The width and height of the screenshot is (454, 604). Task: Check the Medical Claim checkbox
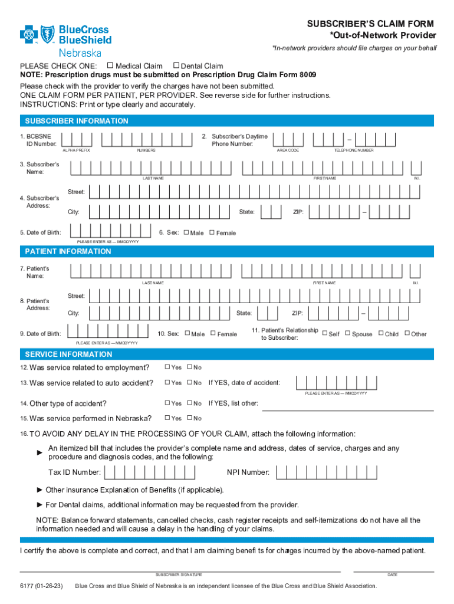(x=110, y=65)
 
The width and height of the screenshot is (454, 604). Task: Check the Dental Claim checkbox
(x=175, y=65)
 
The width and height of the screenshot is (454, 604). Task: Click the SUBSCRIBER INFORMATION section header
(x=76, y=121)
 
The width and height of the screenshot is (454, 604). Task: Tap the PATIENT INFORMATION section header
(x=68, y=251)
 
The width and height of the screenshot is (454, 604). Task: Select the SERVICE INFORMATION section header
(x=68, y=354)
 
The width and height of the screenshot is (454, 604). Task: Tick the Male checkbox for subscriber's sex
(x=187, y=232)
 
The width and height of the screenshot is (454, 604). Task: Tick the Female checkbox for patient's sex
(x=213, y=333)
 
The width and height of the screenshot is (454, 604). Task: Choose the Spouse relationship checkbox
(x=347, y=333)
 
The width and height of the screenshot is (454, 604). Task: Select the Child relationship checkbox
(x=381, y=333)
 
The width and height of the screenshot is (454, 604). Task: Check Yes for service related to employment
(x=167, y=367)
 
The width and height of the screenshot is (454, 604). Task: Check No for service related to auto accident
(x=190, y=382)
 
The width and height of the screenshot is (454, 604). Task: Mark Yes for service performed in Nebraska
(x=167, y=418)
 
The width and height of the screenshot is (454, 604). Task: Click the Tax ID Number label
(x=74, y=472)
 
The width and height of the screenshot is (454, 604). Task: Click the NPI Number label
(x=248, y=472)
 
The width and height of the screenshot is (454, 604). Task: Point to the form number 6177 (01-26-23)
(x=41, y=586)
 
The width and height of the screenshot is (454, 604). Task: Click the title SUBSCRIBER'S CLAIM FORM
(x=370, y=24)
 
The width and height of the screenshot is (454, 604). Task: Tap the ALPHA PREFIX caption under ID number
(x=76, y=150)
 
